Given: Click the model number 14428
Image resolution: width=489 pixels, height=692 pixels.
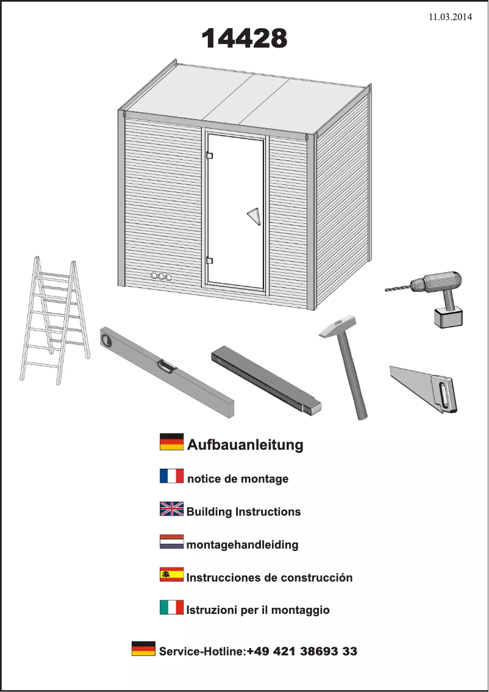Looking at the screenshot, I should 244,39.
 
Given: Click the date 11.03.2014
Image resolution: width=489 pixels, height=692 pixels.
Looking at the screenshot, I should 451,17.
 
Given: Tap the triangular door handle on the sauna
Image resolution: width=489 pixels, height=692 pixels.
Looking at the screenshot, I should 253,215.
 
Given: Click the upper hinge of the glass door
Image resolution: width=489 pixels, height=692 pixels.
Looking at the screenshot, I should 209,155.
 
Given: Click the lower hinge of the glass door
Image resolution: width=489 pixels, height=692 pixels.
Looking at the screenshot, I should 209,261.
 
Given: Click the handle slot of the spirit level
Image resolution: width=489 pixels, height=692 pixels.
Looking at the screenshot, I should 166,366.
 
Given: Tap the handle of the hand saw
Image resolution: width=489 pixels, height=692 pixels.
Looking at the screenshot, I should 444,395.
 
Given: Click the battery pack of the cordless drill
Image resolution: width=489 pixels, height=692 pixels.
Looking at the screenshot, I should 448,317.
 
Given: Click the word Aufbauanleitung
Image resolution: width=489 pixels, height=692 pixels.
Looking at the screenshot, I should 245,445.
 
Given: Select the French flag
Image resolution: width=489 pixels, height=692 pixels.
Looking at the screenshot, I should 171,476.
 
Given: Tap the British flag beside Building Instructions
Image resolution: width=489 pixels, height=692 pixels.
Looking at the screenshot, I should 171,509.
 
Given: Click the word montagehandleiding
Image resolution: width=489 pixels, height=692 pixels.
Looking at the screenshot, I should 242,544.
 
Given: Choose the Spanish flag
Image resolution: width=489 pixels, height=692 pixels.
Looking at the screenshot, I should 171,575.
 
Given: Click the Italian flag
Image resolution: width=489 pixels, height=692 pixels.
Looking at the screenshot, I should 171,607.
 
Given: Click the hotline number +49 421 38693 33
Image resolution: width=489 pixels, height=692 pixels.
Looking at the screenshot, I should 302,652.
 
